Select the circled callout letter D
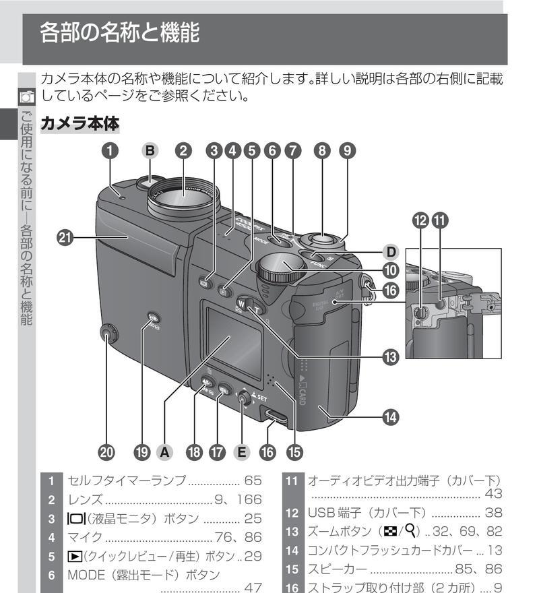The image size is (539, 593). pos(389,252)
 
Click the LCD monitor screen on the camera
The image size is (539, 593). pos(233,340)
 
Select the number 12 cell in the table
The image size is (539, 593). pos(292,513)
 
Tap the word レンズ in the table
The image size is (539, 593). pos(84,500)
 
